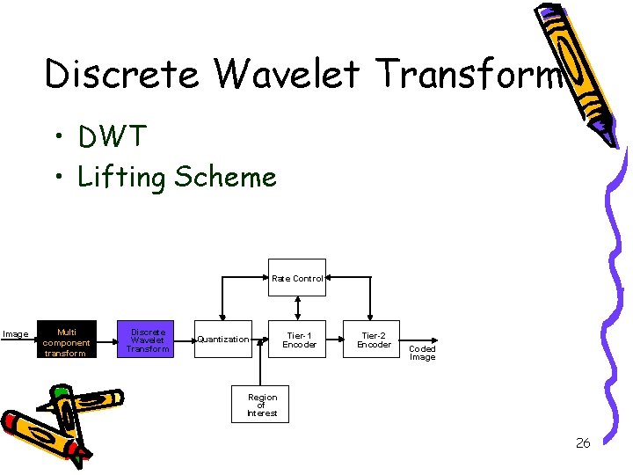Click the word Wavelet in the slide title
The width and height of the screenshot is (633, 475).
287,74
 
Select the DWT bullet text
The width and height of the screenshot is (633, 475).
113,137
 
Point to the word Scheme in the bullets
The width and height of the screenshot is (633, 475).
225,177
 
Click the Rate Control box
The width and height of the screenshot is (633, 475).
297,278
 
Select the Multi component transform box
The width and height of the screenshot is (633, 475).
66,340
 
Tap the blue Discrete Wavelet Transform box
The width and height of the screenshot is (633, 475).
147,340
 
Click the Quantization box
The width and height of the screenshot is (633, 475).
222,340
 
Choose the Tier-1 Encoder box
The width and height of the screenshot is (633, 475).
299,340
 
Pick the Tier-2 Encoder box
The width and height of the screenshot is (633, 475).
374,340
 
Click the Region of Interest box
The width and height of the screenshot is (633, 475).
261,405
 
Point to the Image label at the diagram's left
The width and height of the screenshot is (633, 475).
15,334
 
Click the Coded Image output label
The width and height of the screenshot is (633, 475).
423,353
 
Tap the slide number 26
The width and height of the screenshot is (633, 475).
583,442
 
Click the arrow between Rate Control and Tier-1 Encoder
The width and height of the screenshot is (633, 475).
298,307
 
